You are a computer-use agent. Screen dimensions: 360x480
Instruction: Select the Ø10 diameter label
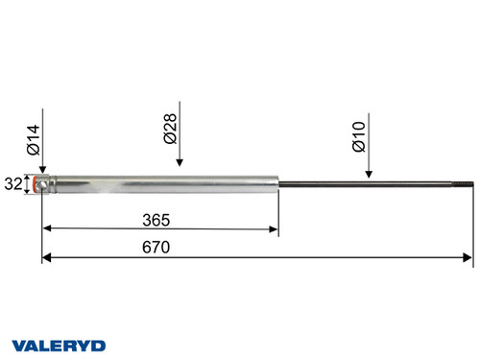(358, 139)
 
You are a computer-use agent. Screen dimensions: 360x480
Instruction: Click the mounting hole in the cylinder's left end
(39, 184)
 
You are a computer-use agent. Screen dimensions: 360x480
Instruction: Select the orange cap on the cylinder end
(38, 184)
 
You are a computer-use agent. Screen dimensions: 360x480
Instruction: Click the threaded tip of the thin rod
(468, 183)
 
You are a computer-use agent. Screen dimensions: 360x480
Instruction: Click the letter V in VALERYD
(16, 343)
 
